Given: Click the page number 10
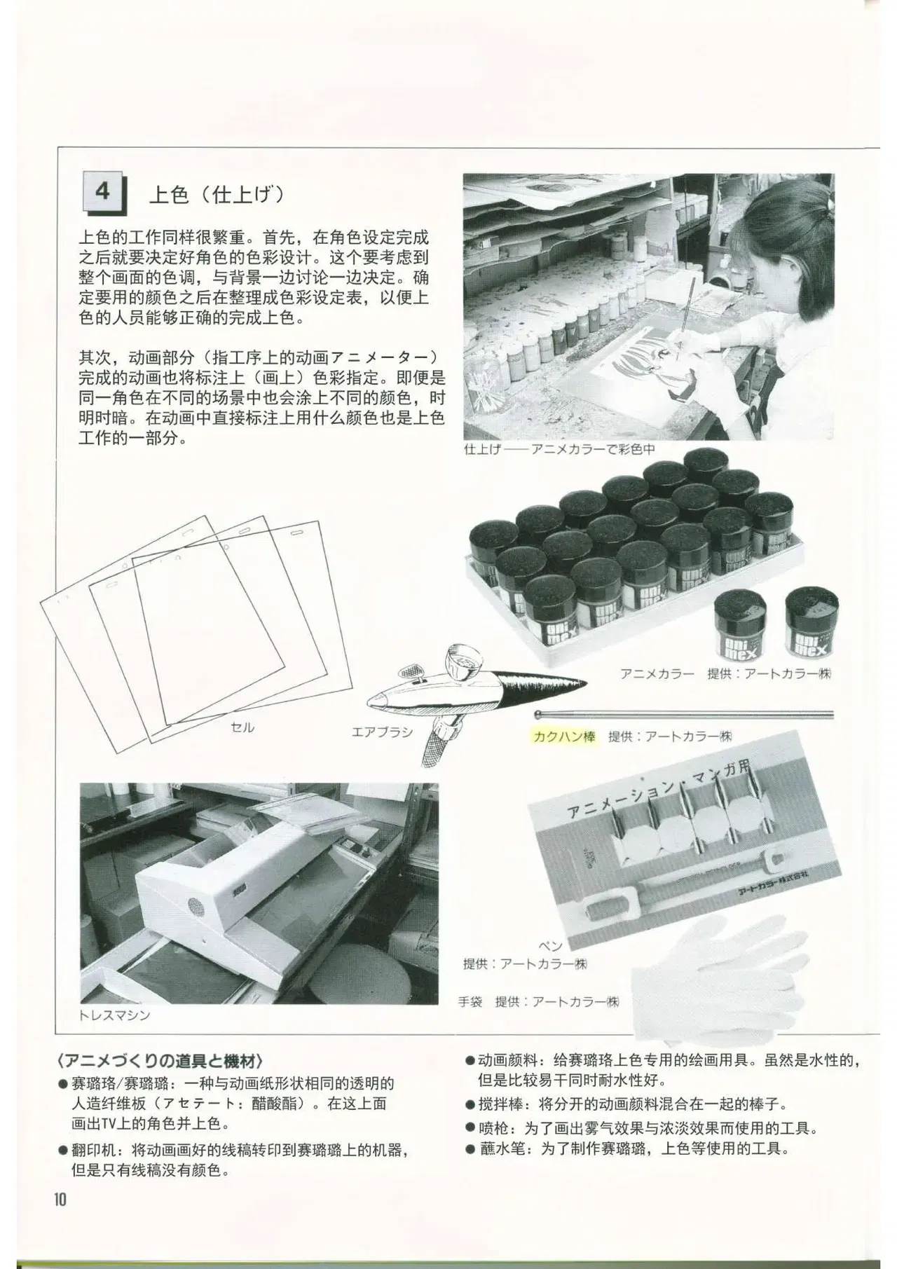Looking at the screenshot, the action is point(59,1200).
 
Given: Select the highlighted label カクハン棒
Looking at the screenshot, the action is point(563,736).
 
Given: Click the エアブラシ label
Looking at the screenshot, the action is point(382,733).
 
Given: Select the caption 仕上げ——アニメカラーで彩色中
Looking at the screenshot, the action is point(559,448).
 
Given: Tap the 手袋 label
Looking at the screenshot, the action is point(470,1001).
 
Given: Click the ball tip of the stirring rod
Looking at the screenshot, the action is point(537,715).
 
